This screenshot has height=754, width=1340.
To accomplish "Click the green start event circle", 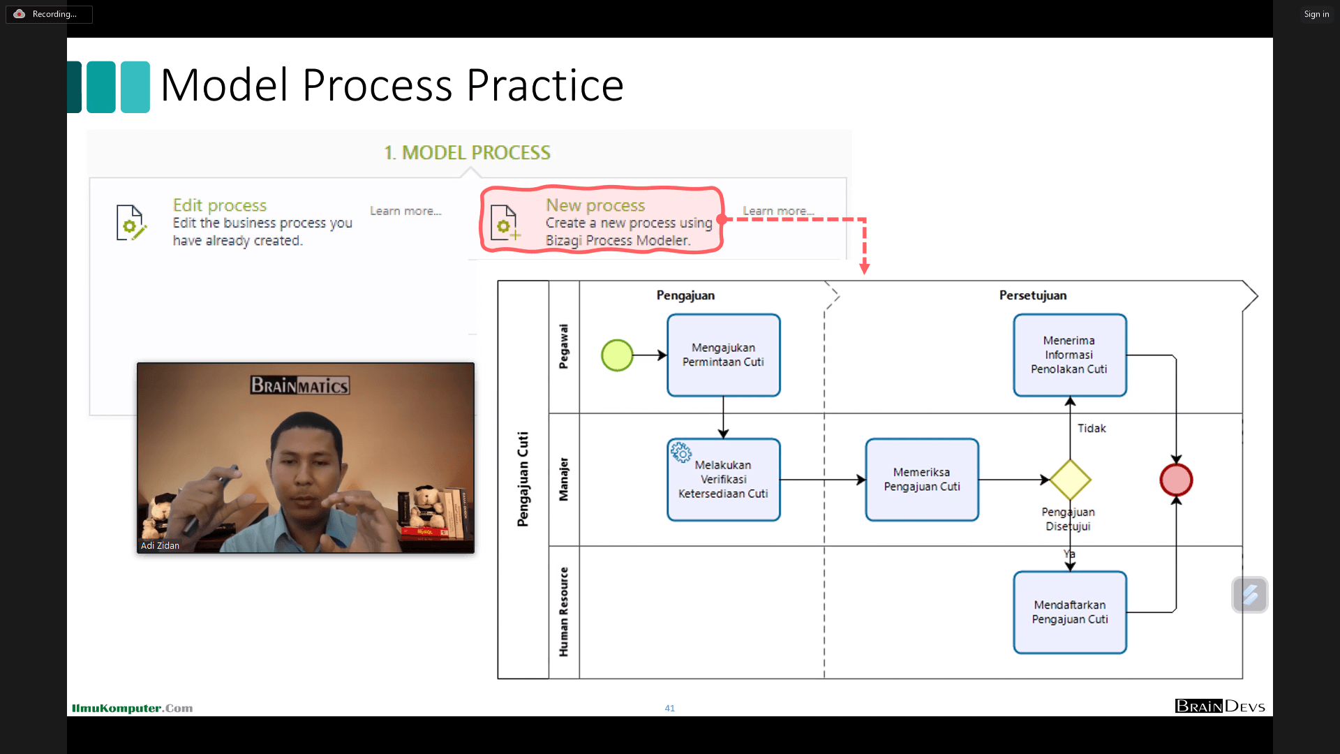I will [x=617, y=355].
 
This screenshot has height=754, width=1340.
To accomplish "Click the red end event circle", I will [x=1176, y=480].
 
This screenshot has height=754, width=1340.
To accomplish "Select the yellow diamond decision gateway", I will [x=1070, y=480].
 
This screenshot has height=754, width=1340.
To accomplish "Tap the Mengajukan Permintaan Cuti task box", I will [x=723, y=355].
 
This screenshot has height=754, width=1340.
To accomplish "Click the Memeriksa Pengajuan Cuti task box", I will [x=921, y=480].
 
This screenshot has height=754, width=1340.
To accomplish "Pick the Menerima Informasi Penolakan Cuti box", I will [x=1069, y=355].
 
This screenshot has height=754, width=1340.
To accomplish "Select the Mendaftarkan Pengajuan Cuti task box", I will [x=1069, y=612].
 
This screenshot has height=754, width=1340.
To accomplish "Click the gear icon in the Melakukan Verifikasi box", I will [x=681, y=452].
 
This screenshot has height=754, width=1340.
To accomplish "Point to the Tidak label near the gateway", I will [x=1092, y=429].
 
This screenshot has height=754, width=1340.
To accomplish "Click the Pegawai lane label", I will [x=564, y=346].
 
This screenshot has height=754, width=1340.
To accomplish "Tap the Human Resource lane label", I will [x=564, y=612].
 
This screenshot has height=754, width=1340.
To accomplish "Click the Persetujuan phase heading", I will [x=1033, y=295].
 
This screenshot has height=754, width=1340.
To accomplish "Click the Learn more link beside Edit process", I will [x=405, y=211].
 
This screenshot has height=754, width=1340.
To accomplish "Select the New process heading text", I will [x=595, y=205].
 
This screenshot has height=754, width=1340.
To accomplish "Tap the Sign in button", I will [x=1316, y=14].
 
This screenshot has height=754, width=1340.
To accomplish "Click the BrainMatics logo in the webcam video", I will [x=300, y=385].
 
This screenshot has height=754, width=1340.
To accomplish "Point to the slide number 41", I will [x=669, y=708].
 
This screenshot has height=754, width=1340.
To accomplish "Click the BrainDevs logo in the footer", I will [x=1219, y=707].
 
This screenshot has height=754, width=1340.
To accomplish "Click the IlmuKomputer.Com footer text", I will [x=132, y=708].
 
